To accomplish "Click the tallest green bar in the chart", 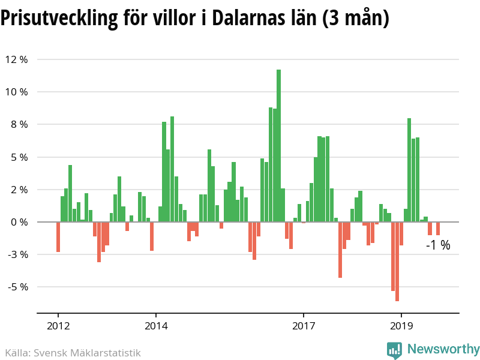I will click(x=278, y=146).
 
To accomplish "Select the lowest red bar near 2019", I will click(x=397, y=261).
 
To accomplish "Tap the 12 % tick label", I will click(x=16, y=59).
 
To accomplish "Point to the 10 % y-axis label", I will click(x=16, y=92).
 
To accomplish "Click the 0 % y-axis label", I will click(x=19, y=222).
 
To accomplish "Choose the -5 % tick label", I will click(x=17, y=287).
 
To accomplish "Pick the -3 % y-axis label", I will click(x=17, y=254).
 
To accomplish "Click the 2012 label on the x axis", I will click(x=58, y=327).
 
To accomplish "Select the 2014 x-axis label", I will click(x=156, y=327).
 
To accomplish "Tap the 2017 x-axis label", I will click(x=304, y=327).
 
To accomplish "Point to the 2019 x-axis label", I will click(x=401, y=327).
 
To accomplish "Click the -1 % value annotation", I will click(x=438, y=245).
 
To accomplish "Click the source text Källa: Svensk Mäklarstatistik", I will click(x=73, y=353).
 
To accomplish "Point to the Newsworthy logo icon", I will click(x=394, y=349).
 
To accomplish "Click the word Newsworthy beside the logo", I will click(x=443, y=349).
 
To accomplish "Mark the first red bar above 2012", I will click(x=58, y=237).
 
